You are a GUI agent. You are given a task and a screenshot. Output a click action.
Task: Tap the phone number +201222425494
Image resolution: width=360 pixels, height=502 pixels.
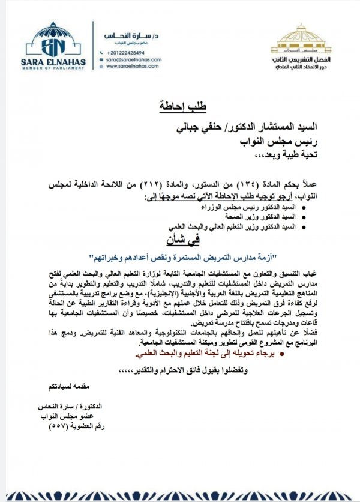(x=122, y=52)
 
